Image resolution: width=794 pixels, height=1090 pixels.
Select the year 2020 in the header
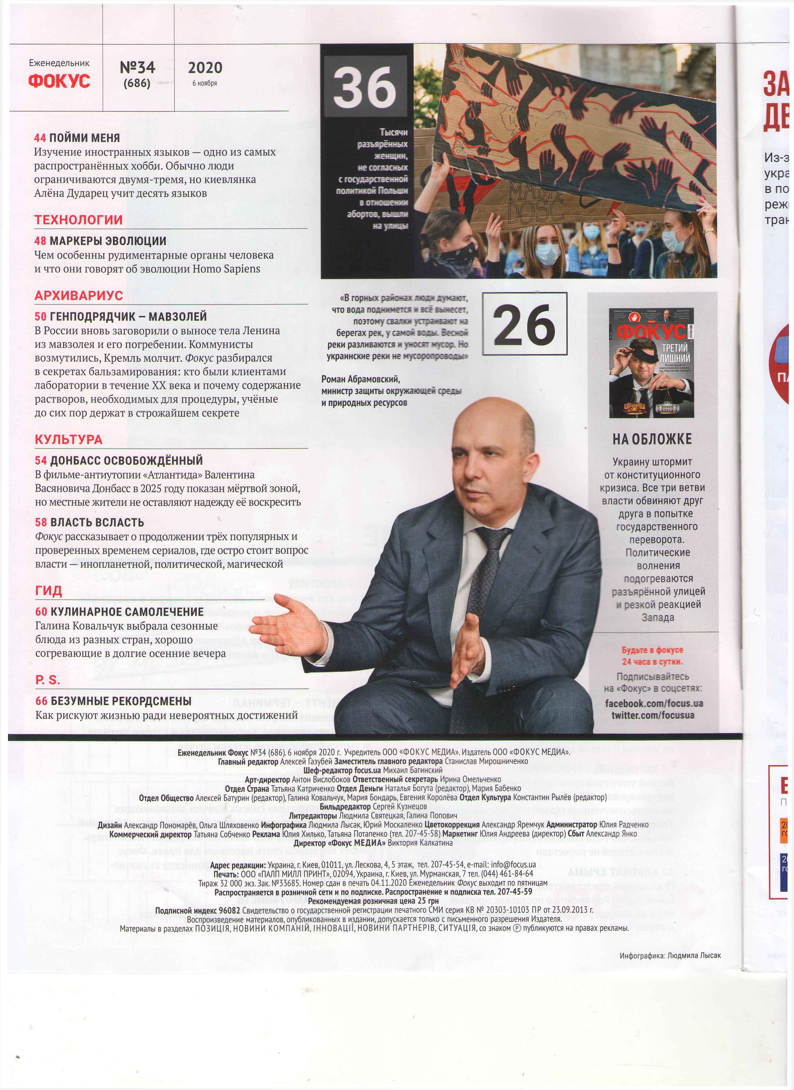[x=205, y=67]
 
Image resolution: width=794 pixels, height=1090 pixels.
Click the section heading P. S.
[x=47, y=680]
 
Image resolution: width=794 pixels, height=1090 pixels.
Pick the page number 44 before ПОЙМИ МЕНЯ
[x=40, y=138]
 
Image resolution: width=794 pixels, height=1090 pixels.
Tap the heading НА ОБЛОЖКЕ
[x=652, y=439]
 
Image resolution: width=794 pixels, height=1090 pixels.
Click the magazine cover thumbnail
[x=651, y=362]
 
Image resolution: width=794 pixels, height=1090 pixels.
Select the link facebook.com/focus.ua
[x=654, y=704]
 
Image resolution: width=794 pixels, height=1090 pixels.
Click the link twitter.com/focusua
[x=653, y=715]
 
